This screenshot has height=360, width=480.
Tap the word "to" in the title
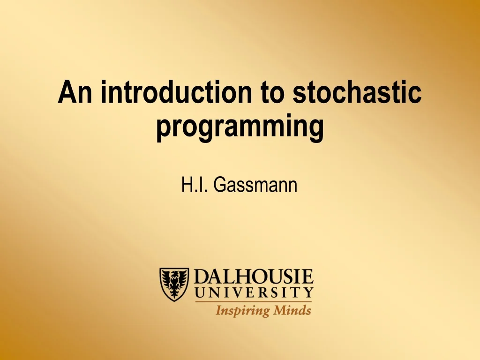pyautogui.click(x=272, y=92)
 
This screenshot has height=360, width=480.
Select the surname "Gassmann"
pyautogui.click(x=255, y=185)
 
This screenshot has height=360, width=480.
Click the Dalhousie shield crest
pyautogui.click(x=174, y=284)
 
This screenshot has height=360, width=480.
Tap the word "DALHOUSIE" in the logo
pyautogui.click(x=254, y=277)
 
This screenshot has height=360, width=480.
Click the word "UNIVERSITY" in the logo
pyautogui.click(x=254, y=293)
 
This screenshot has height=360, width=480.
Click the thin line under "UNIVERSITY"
pyautogui.click(x=254, y=301)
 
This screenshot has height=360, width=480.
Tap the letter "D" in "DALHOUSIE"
pyautogui.click(x=202, y=277)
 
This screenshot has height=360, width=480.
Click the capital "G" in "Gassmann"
pyautogui.click(x=218, y=185)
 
